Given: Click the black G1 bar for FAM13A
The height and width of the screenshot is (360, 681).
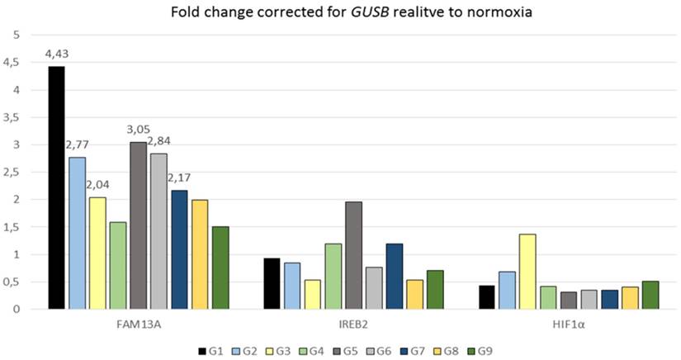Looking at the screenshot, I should (56, 187).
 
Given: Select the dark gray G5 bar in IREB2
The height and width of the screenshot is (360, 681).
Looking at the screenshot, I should (353, 255).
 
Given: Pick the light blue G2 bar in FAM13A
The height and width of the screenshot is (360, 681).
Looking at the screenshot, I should (77, 233).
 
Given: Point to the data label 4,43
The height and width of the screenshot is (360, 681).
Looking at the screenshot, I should (56, 54).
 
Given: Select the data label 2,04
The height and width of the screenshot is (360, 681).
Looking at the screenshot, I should (98, 185).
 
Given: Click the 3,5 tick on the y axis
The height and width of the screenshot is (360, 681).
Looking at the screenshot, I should (14, 117).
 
